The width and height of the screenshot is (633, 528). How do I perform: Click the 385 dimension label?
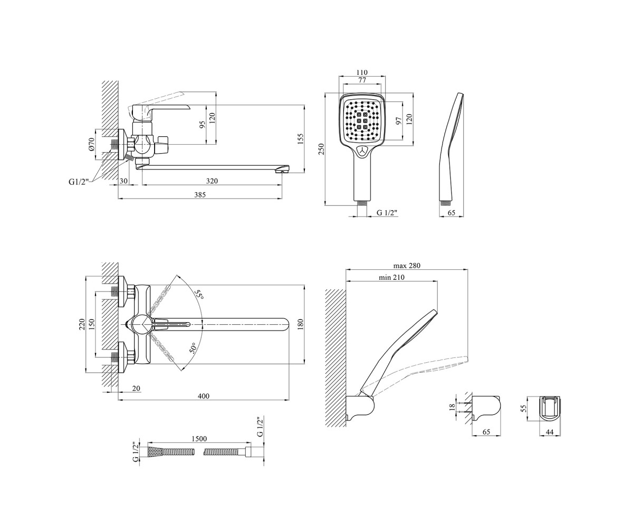tap(200, 195)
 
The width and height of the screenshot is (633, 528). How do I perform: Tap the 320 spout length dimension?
tap(212, 181)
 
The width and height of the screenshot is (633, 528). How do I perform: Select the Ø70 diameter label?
tap(92, 144)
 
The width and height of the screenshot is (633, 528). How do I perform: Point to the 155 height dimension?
tap(300, 139)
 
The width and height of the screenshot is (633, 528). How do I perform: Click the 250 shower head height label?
tap(322, 149)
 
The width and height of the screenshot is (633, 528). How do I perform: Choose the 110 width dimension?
tap(362, 72)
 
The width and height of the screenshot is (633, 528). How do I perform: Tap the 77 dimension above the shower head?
tap(362, 80)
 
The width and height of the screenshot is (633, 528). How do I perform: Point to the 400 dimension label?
tap(204, 396)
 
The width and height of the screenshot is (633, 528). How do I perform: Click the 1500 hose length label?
tap(199, 439)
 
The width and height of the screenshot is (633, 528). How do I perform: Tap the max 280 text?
tap(407, 266)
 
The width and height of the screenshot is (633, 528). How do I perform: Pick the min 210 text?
tap(392, 277)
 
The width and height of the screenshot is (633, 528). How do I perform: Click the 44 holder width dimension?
tap(549, 432)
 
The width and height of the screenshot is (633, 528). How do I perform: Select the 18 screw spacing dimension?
tap(452, 407)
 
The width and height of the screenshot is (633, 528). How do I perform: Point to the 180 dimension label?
tap(301, 324)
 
